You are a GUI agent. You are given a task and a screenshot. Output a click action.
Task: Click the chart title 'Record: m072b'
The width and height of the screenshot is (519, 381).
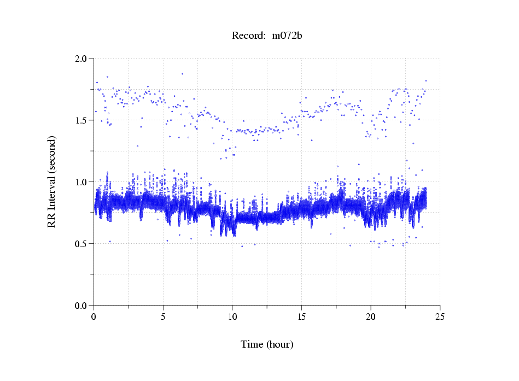tap(267, 36)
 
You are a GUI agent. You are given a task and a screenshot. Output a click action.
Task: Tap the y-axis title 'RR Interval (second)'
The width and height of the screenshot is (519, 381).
tap(51, 181)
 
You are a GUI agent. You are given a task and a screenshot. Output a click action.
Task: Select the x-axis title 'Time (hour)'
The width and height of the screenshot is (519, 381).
tap(267, 344)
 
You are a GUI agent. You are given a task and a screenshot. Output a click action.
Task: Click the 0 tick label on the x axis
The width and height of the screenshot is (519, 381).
tap(94, 316)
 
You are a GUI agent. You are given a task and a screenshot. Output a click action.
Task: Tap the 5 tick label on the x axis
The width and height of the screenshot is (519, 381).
tap(163, 316)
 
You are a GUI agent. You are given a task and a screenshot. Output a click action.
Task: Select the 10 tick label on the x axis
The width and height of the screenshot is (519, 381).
tap(232, 316)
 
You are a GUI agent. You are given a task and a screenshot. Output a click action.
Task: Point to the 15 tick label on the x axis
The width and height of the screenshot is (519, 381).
tap(302, 316)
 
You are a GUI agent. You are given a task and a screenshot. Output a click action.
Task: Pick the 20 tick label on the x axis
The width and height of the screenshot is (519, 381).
tap(371, 316)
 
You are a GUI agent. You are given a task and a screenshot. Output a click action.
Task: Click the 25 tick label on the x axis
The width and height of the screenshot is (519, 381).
tap(440, 316)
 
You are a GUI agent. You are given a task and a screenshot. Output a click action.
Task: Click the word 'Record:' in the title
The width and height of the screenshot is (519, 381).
tap(248, 36)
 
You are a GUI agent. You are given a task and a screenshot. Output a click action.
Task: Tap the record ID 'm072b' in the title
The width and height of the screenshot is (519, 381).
tap(287, 36)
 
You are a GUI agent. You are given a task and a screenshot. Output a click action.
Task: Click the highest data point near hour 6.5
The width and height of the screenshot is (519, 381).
tap(182, 74)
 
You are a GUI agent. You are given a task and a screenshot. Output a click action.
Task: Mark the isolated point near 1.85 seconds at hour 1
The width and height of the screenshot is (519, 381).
tap(107, 77)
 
